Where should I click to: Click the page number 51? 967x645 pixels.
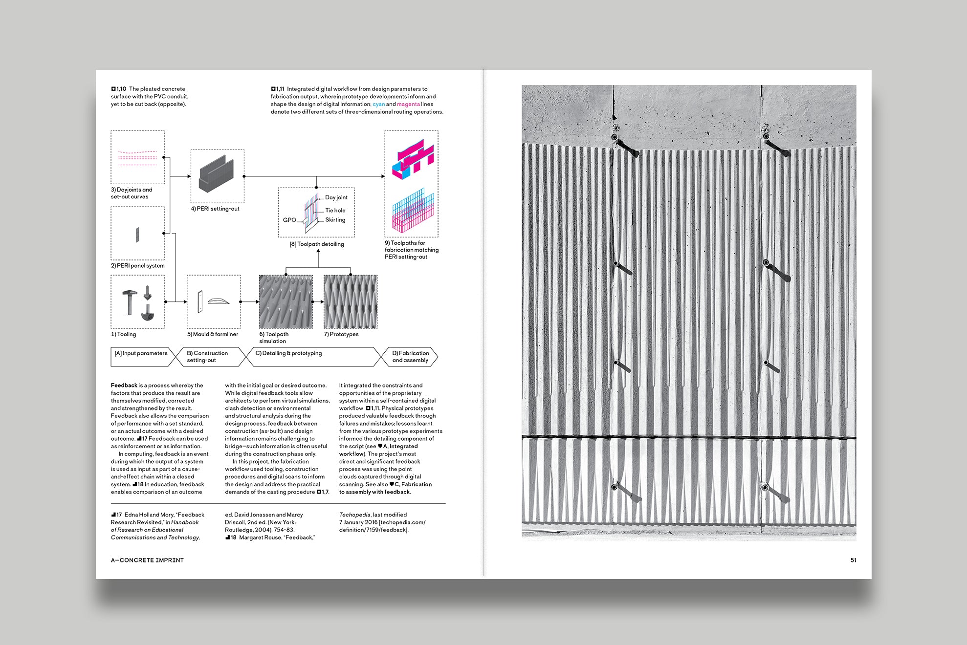[x=853, y=560]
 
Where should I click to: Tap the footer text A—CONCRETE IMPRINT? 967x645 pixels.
[x=147, y=560]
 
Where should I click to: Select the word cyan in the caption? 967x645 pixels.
[x=378, y=104]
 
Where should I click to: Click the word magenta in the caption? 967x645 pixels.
[x=408, y=104]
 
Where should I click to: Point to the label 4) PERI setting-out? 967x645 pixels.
[x=215, y=209]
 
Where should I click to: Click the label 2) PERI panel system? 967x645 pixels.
[x=137, y=266]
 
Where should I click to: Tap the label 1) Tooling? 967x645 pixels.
[x=123, y=334]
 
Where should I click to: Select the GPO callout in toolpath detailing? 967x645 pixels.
[x=289, y=220]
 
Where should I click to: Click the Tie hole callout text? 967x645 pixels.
[x=335, y=211]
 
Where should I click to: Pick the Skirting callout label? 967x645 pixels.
[x=335, y=220]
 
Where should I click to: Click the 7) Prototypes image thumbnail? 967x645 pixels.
[x=351, y=301]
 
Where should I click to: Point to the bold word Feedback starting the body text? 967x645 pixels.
[x=124, y=386]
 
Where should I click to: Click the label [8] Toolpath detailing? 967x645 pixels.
[x=317, y=244]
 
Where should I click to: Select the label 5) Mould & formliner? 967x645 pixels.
[x=213, y=334]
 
